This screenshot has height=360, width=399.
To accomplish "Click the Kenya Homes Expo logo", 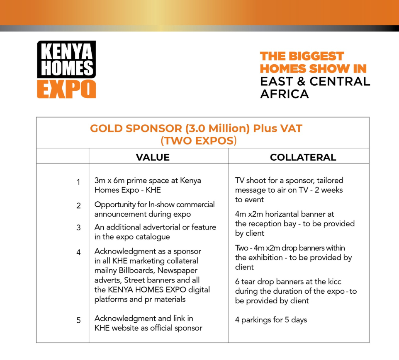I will pos(66,69).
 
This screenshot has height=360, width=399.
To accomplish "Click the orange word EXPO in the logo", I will pos(66,89).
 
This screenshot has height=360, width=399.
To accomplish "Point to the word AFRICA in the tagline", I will pos(285,94).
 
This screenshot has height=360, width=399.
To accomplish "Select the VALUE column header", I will pos(153,157).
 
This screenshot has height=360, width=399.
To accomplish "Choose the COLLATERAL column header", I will pos(303,157).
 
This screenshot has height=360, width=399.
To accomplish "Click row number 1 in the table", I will pos(78,182).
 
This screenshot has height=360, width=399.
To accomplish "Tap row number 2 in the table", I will pos(78,205).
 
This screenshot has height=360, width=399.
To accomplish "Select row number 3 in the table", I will pos(78,228).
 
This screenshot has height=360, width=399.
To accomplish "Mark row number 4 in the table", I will pos(78,252).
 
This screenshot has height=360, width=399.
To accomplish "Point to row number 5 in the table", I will pos(78,320).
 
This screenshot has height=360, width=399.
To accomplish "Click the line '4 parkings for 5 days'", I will pos(271,320).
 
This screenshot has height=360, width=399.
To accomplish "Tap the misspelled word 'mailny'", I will pos(106,271).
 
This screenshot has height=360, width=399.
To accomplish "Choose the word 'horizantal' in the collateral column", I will pos(286,214).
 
